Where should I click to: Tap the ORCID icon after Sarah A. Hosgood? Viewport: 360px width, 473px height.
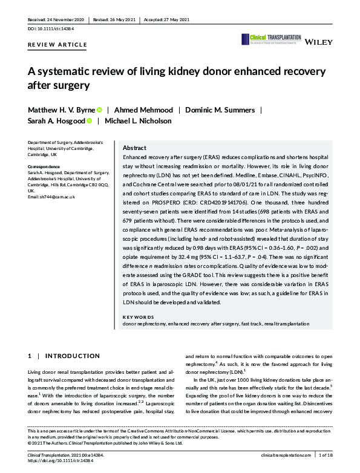click(89, 121)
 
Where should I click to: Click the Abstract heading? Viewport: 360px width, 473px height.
click(134, 148)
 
